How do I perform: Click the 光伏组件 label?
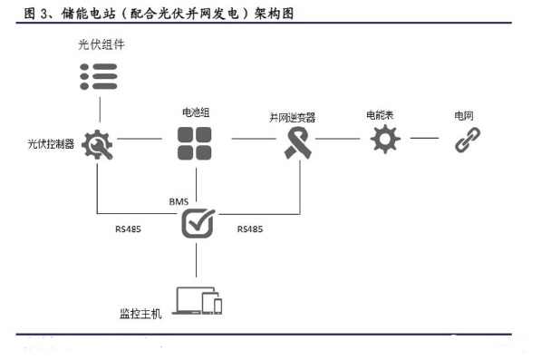pos(101,44)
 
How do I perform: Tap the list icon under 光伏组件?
pos(99,76)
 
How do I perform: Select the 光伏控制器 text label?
pos(51,143)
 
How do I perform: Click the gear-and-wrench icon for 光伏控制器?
pos(97,144)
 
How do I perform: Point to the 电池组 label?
pos(196,112)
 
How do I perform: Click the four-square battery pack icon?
pos(195,143)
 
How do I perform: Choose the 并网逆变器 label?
pos(292,118)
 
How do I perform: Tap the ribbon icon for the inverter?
pos(298,142)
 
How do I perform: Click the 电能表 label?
pos(380,115)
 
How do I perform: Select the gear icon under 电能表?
pos(385,139)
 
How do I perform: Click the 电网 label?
pos(464,116)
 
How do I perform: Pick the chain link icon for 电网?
pos(468,140)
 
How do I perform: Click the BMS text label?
pos(179,201)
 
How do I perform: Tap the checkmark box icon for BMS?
pos(198,223)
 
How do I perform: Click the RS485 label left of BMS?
pos(128,229)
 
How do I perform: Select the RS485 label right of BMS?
pos(250,229)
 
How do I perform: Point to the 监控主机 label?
pos(140,314)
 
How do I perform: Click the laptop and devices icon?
pos(197,301)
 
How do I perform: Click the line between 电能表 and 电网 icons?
pos(424,139)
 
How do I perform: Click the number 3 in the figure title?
pos(43,14)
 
